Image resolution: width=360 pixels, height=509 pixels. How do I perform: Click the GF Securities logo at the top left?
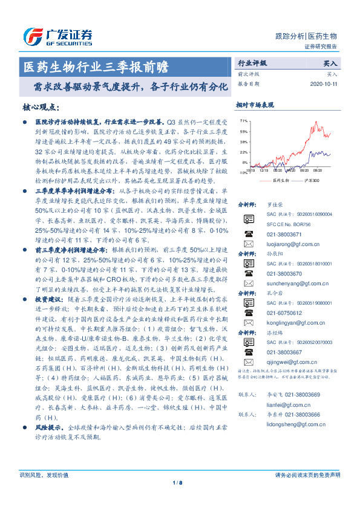point(57,34)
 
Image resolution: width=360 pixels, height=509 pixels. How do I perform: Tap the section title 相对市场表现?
point(254,105)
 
